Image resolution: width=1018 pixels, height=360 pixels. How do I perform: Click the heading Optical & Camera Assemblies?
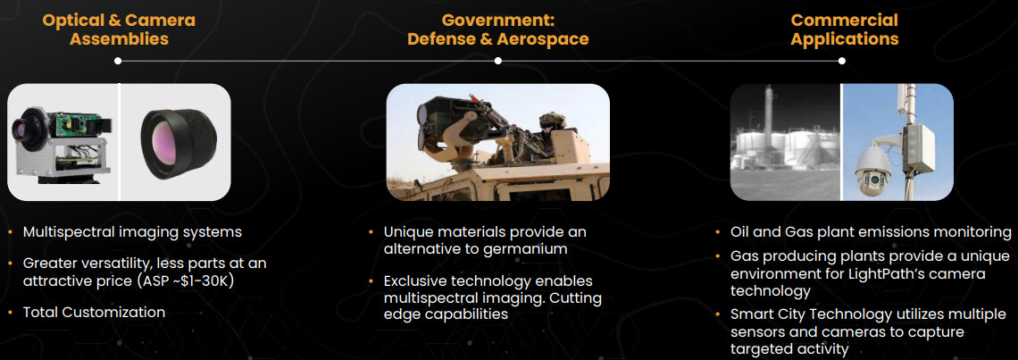[119, 29]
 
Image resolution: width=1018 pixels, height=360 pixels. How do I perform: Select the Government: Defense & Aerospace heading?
[498, 29]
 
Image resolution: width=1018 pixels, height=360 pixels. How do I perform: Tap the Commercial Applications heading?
[845, 29]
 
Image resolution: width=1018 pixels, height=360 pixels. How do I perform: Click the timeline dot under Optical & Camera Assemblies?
[118, 61]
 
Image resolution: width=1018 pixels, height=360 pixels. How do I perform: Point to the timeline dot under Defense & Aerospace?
[498, 61]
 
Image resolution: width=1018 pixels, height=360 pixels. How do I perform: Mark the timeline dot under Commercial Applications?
[841, 61]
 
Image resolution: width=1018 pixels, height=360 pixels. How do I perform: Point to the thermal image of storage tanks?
[785, 142]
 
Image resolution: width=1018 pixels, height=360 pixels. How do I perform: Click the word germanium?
[527, 249]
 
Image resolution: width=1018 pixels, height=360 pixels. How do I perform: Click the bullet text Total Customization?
[94, 312]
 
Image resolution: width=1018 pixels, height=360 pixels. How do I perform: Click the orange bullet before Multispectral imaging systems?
[11, 232]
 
